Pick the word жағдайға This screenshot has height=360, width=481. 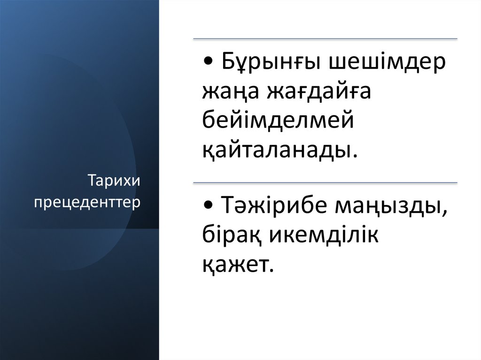tap(319, 92)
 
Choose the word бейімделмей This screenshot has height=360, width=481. tap(278, 121)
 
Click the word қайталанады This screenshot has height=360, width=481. tap(275, 149)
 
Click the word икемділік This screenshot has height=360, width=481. tap(324, 235)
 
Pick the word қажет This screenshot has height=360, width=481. tap(235, 264)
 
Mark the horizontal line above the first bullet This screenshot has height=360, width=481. tap(325, 38)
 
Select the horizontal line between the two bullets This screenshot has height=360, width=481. tap(325, 182)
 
